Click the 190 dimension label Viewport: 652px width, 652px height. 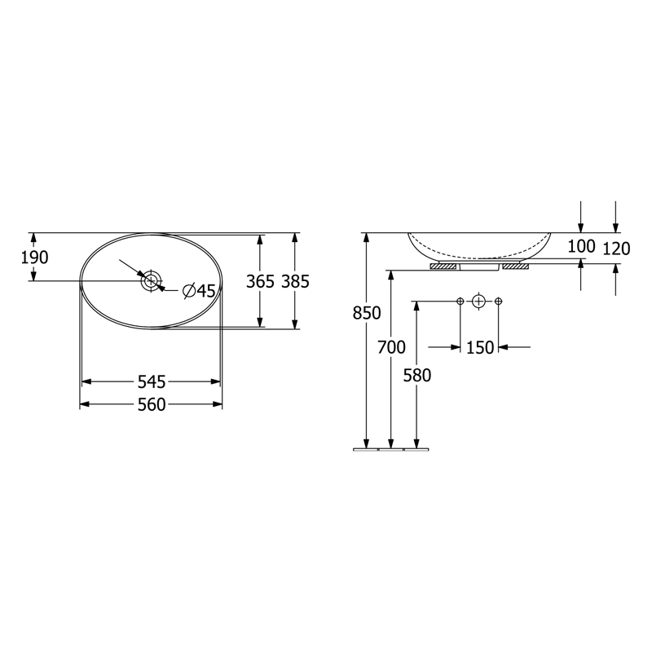34,258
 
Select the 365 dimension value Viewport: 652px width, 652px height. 260,281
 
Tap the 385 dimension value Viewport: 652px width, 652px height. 296,281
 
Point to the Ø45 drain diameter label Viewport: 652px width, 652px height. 199,291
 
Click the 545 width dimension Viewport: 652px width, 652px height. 152,381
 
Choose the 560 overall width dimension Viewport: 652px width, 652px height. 152,404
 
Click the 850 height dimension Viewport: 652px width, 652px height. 367,313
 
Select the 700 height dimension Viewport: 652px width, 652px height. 391,347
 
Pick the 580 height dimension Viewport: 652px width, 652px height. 417,376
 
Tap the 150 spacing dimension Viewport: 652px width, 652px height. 480,347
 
